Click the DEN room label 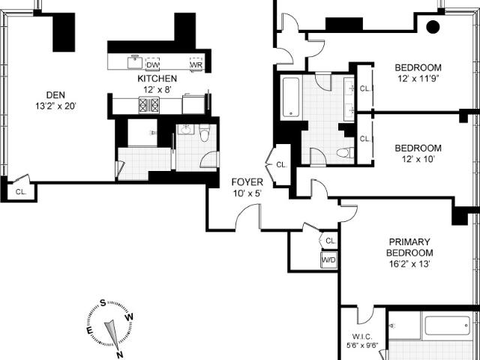pos(55,95)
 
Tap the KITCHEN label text pos(157,79)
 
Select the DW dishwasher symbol pos(153,64)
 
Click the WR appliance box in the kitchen pos(196,64)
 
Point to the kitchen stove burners pos(148,105)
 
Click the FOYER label pos(247,182)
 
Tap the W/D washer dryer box pos(328,260)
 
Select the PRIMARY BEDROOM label pos(409,247)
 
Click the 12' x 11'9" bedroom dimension pos(418,78)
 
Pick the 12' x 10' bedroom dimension pos(418,159)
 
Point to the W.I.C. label pos(362,337)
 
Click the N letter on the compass pos(120,355)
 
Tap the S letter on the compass pos(103,303)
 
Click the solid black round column pos(433,27)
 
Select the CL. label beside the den pos(21,192)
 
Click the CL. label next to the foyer pos(282,165)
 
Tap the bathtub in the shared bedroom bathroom pos(291,97)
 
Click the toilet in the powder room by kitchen pos(204,133)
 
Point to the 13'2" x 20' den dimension pos(55,106)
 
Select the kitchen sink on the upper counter pos(135,62)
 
